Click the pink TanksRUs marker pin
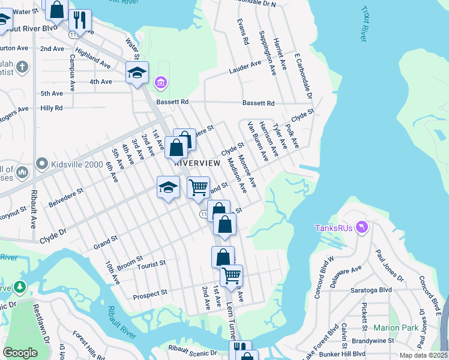pyautogui.click(x=362, y=227)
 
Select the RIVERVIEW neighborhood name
pyautogui.click(x=194, y=163)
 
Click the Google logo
pyautogui.click(x=20, y=352)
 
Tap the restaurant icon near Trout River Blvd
pyautogui.click(x=79, y=20)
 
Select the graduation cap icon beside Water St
pyautogui.click(x=137, y=73)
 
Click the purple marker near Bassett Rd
pyautogui.click(x=160, y=82)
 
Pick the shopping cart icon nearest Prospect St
pyautogui.click(x=231, y=275)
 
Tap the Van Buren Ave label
pyautogui.click(x=258, y=143)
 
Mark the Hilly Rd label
pyautogui.click(x=51, y=108)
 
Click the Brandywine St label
pyautogui.click(x=373, y=340)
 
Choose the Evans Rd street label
pyautogui.click(x=243, y=32)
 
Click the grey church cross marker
pyautogui.click(x=22, y=66)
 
